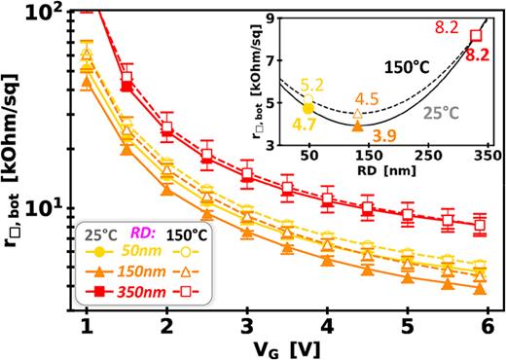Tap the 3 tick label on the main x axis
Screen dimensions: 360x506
248,323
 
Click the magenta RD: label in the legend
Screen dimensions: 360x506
141,233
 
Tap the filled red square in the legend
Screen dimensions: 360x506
97,289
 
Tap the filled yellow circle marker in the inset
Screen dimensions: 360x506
309,108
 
